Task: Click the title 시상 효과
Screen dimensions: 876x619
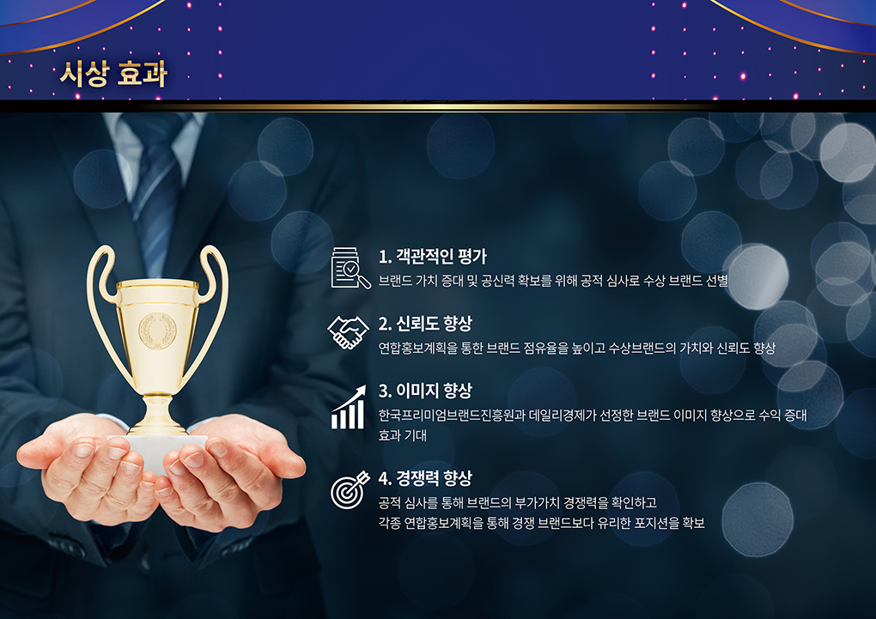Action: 113,74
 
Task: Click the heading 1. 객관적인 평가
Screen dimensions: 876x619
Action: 432,257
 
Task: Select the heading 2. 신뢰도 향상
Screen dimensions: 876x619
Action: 425,324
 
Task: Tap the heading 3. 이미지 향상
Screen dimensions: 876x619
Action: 425,391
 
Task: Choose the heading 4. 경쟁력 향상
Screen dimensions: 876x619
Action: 425,478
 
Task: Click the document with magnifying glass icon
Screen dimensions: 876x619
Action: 350,268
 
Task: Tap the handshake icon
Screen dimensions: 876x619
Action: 348,332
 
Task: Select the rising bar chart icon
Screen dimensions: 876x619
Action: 348,407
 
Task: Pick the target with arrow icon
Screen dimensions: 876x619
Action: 350,490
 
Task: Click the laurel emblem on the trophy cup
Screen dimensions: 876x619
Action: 157,331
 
